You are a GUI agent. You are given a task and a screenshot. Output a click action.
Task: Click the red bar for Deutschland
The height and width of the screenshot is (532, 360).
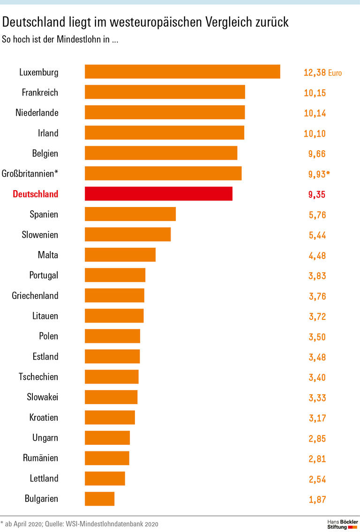pos(158,194)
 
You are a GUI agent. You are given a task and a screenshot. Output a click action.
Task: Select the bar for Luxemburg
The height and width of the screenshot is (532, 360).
pos(182,72)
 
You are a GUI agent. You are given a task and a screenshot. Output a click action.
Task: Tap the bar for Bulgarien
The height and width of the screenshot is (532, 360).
pos(99,499)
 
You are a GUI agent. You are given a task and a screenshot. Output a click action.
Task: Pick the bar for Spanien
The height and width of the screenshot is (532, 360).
pos(130,214)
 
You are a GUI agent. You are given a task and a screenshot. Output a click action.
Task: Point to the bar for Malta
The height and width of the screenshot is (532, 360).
pos(120,255)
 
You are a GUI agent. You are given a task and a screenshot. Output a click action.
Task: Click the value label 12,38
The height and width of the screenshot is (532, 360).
pos(315,73)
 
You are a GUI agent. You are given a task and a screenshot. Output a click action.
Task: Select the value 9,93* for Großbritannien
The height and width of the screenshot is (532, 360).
pos(319,174)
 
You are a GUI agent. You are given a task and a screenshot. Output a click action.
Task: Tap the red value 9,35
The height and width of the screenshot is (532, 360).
pos(317,194)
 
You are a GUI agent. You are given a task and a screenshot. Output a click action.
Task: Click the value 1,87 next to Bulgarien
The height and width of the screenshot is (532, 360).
pos(317,500)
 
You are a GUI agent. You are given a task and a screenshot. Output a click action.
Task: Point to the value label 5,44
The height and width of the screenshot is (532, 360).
pos(317,235)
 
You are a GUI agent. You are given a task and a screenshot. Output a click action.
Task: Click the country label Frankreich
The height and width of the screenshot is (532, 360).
pos(40,92)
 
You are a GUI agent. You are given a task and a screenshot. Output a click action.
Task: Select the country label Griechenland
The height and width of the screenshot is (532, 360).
pos(35,296)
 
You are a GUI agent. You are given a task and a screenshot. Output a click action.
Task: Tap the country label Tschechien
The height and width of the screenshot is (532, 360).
pos(38,377)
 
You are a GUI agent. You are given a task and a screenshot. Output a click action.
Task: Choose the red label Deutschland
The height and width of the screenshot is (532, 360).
pos(36,194)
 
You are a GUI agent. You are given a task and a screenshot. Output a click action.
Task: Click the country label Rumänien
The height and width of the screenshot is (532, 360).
pos(40,458)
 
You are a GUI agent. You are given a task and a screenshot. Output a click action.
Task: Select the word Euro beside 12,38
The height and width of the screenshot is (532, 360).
pos(335,73)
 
